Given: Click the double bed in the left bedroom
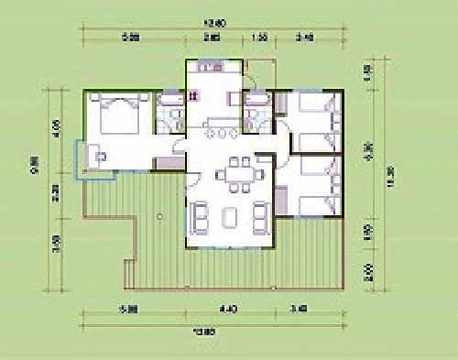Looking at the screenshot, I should point(114,115).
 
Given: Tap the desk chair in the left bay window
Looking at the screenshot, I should point(102,155).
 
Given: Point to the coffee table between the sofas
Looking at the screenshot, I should point(229,217).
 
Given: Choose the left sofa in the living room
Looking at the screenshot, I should point(200,217).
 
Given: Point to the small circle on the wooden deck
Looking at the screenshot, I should point(158,216).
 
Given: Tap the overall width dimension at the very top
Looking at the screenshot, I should point(216,25).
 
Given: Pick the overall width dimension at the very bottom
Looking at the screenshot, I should point(216,331).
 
